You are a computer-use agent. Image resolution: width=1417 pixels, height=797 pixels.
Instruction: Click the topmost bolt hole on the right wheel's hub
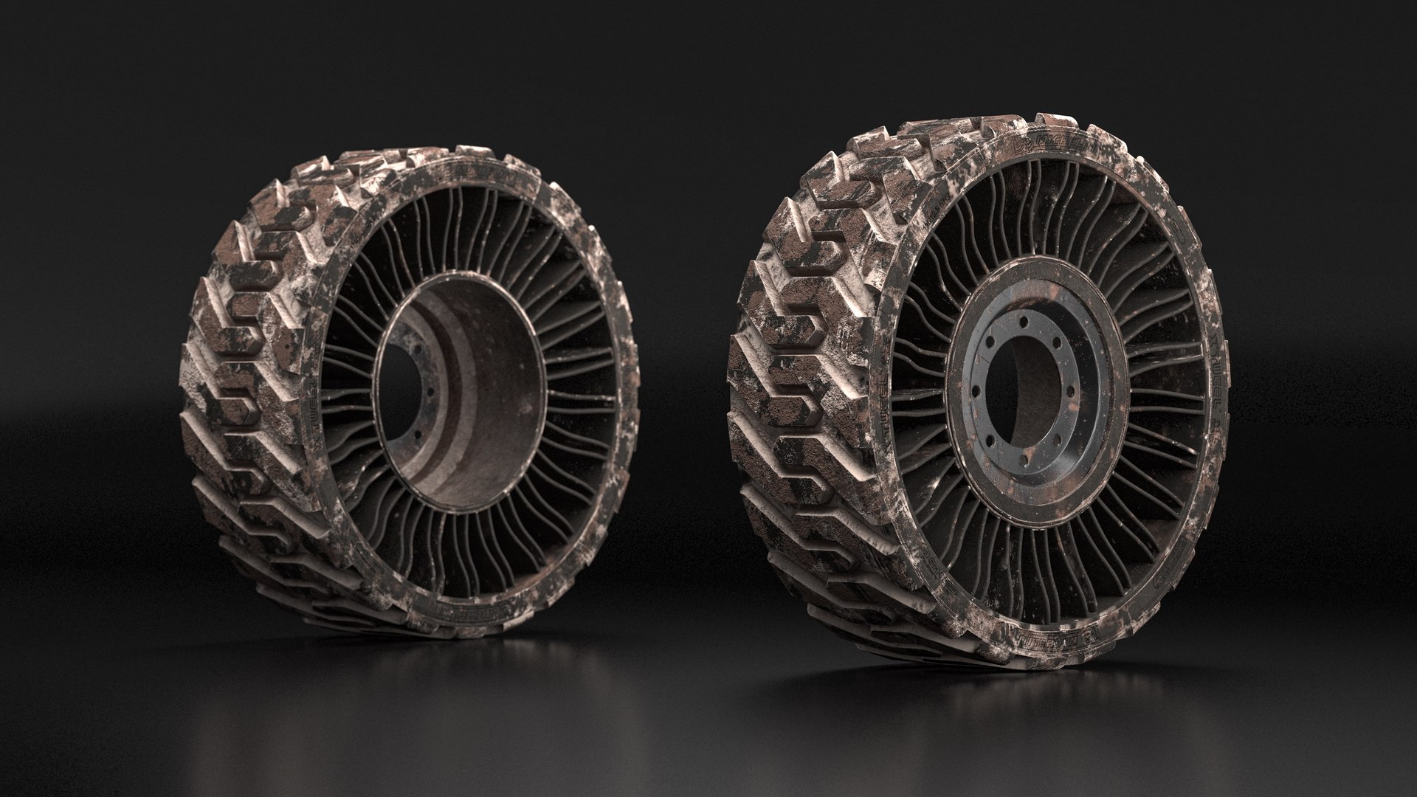(1024, 322)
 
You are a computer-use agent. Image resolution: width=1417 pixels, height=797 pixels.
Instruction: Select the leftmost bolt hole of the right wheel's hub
(976, 391)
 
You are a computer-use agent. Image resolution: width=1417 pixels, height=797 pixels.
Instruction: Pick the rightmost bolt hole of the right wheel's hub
(1071, 391)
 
